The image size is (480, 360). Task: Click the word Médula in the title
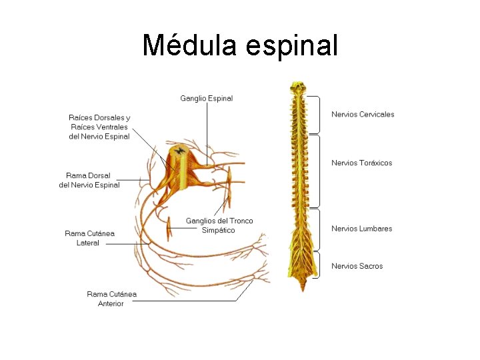[x=190, y=45]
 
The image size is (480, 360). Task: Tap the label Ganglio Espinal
[x=207, y=99]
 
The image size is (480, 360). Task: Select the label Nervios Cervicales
[x=363, y=114]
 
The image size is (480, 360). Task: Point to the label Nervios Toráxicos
[x=361, y=163]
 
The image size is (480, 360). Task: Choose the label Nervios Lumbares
[x=361, y=229]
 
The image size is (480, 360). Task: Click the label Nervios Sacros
[x=357, y=266]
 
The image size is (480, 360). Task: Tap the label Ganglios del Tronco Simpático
[x=219, y=225]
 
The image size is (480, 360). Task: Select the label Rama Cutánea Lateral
[x=89, y=238]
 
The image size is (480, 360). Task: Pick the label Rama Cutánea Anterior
[x=111, y=299]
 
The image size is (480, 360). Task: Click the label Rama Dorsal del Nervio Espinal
[x=89, y=180]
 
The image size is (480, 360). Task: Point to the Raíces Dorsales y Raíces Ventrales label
[x=99, y=127]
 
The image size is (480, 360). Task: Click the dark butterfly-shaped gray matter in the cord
[x=179, y=151]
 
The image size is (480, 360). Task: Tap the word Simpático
[x=219, y=231]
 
